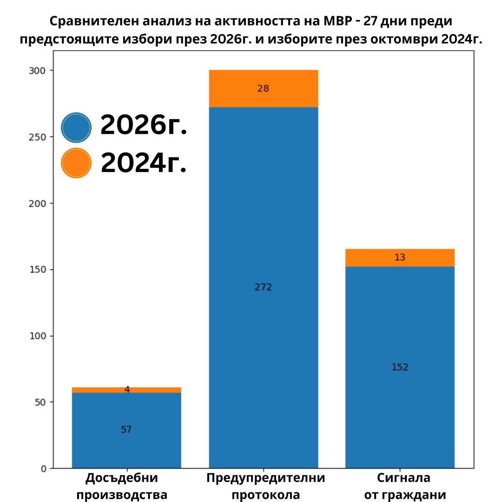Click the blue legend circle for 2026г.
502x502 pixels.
(76, 127)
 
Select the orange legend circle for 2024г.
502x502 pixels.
(76, 163)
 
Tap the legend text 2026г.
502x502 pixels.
(144, 125)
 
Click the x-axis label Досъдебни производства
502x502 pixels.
(122, 486)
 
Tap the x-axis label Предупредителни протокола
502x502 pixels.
(265, 486)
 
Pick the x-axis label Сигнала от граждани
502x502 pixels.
(405, 486)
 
